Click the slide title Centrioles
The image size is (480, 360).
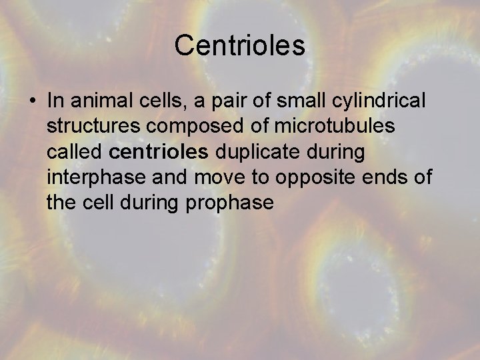(x=240, y=46)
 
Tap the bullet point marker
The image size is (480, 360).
(x=32, y=102)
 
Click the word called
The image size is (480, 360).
(x=75, y=152)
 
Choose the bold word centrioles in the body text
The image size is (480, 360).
(x=159, y=152)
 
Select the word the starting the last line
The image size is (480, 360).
(x=62, y=203)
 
